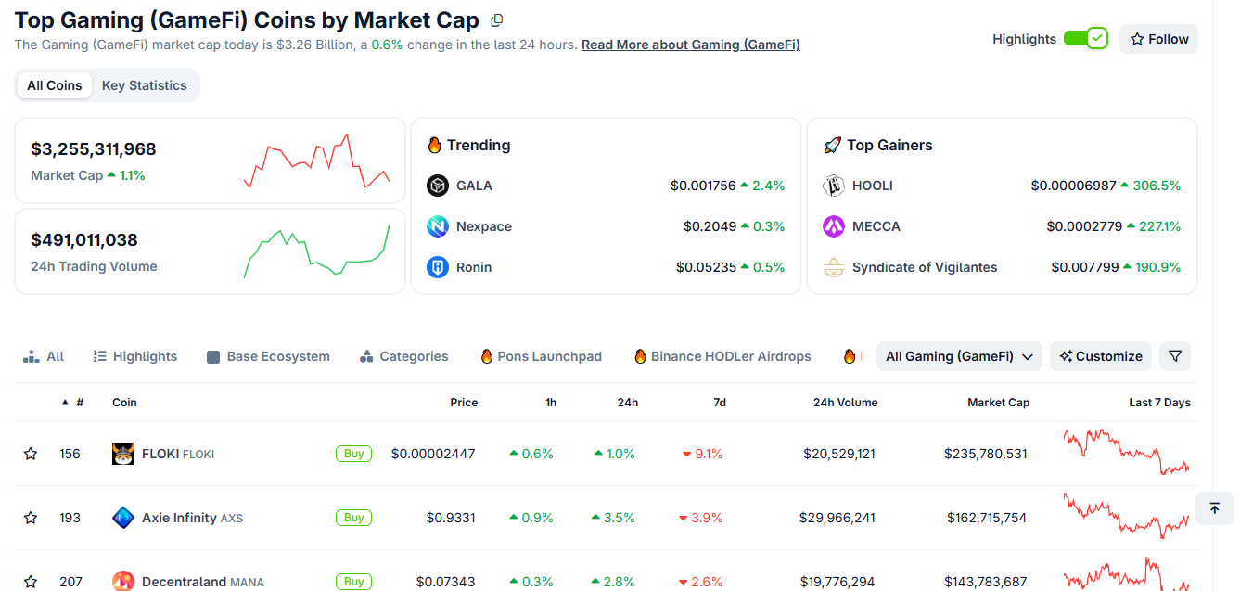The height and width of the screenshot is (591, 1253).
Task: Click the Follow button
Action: (1158, 39)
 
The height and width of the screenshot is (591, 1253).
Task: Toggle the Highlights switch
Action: (1086, 39)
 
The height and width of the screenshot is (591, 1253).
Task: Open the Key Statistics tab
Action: (145, 85)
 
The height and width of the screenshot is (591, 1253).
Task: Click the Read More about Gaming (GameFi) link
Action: (691, 45)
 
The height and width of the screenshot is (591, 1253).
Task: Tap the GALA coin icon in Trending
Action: (438, 186)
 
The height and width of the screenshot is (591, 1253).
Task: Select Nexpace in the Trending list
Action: (484, 226)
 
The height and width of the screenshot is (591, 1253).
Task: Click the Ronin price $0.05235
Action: (706, 267)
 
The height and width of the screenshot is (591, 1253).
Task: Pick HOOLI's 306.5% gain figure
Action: (1157, 186)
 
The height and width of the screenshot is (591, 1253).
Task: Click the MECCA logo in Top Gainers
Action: (834, 226)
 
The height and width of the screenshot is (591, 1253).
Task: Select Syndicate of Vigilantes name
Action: (925, 267)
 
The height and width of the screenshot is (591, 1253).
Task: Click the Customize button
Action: (1101, 356)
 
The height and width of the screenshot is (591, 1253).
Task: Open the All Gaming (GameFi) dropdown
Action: (959, 356)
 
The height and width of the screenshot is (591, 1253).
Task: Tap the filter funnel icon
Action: (1175, 356)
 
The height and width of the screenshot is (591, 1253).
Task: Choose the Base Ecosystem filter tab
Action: (269, 356)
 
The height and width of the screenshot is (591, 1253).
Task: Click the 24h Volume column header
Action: (845, 403)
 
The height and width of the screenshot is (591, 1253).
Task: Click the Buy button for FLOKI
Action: (353, 454)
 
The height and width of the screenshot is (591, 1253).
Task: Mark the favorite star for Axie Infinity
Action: (31, 518)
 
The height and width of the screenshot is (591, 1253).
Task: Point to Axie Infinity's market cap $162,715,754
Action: (987, 518)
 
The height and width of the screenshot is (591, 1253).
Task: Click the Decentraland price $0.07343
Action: (446, 582)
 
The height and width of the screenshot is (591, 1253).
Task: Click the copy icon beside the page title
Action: (497, 20)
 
